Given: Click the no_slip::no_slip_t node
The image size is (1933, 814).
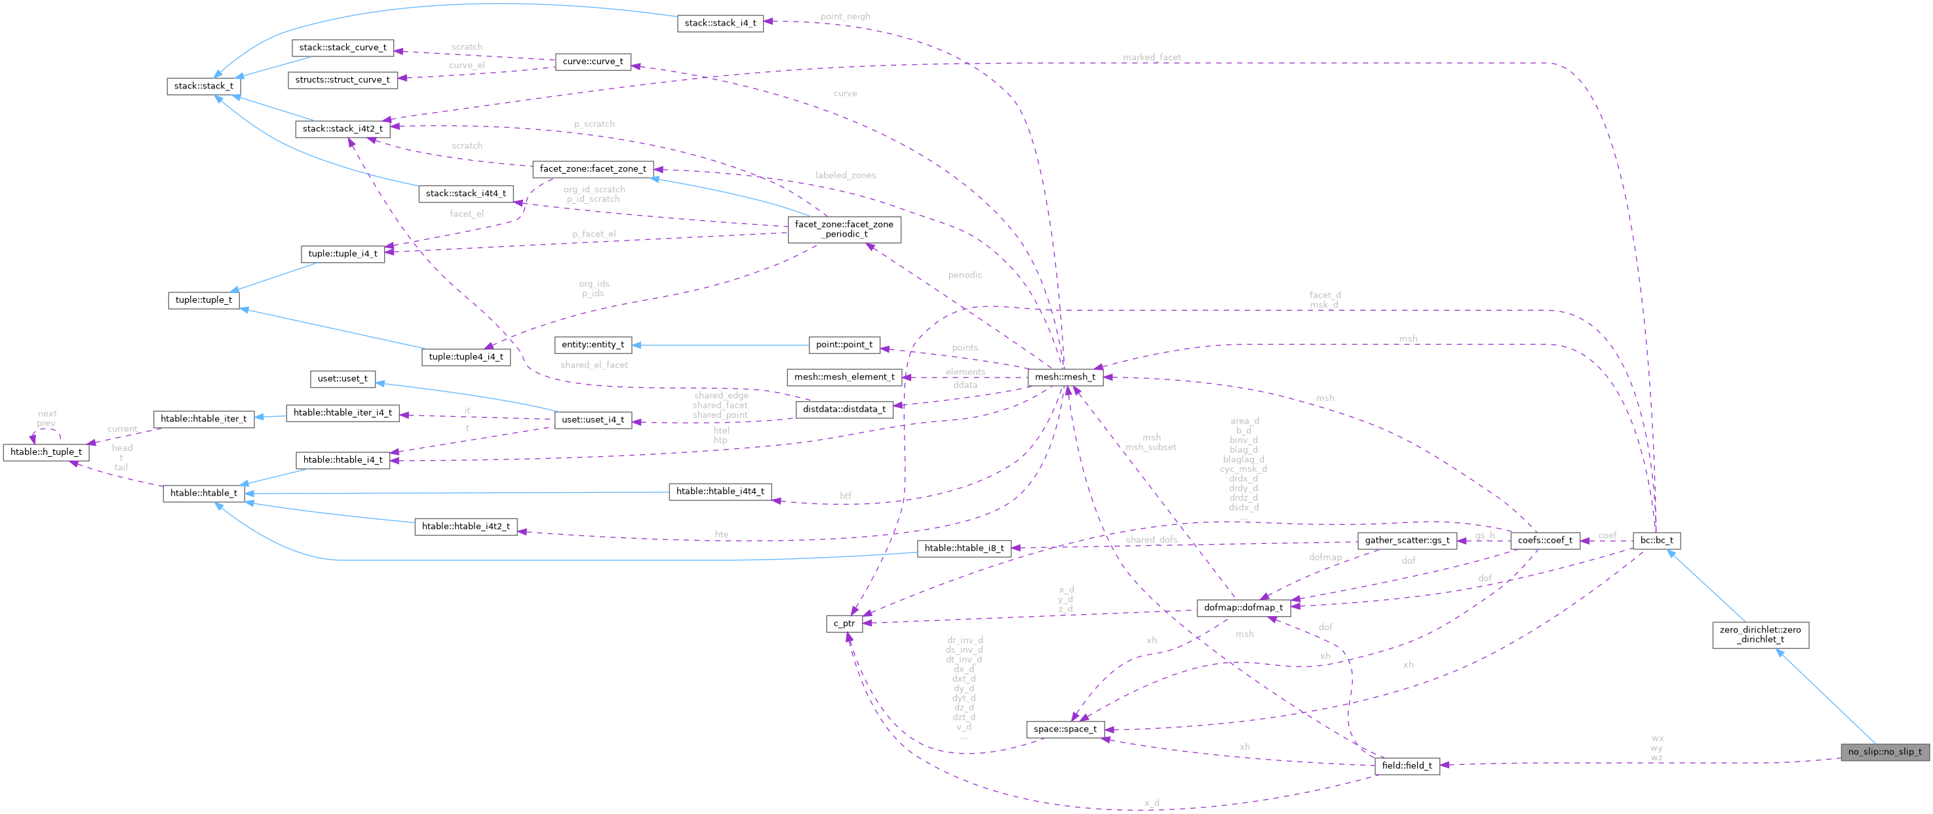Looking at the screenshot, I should click(x=1884, y=751).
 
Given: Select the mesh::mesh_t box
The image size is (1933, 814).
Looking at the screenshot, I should click(x=1064, y=377).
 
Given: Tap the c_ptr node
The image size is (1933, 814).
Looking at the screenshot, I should click(x=844, y=623).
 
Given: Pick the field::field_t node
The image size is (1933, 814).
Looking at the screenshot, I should click(x=1406, y=766).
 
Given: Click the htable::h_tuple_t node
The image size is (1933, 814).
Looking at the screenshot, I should click(x=47, y=452).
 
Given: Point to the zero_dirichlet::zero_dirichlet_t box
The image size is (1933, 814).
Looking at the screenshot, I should click(x=1760, y=634).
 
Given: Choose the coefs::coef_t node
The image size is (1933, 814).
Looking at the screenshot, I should click(x=1544, y=540).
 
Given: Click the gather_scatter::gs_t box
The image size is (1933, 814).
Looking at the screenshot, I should click(x=1406, y=540).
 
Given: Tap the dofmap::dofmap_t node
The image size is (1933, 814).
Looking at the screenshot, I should click(x=1243, y=607).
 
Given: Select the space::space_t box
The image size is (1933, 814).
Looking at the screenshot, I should click(x=1064, y=729).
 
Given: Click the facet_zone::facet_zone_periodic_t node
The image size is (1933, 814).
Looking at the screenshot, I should click(x=844, y=229).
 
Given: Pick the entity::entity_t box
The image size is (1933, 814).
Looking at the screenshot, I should click(x=593, y=344).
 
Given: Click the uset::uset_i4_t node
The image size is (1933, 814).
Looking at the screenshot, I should click(x=593, y=419).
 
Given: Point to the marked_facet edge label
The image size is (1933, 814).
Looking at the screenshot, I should click(x=1151, y=57).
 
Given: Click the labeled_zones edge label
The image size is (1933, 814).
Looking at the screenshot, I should click(x=845, y=175).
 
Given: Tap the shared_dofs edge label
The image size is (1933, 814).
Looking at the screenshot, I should click(x=1151, y=539).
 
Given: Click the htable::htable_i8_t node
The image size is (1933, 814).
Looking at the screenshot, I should click(x=964, y=548).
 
